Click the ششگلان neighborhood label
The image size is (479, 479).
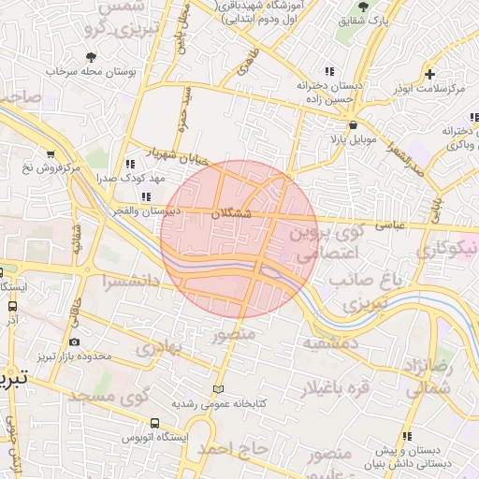233,213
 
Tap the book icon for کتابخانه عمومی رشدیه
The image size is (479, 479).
219,388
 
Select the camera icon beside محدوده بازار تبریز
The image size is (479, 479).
74,342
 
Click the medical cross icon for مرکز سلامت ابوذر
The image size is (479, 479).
429,74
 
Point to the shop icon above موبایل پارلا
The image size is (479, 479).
353,124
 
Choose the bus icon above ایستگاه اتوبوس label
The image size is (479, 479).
153,423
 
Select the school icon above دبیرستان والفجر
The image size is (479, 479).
146,196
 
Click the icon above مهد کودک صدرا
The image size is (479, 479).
142,164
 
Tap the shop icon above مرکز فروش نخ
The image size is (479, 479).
50,154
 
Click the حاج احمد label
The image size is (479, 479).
232,450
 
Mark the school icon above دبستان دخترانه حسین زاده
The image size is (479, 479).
328,71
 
